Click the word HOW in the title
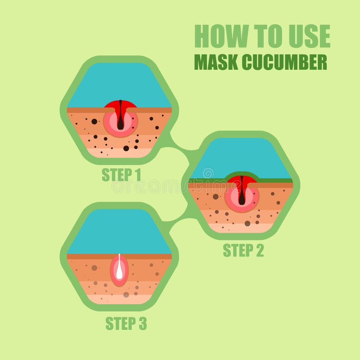[x=221, y=36]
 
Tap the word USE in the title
[x=309, y=36]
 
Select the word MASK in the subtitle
[x=216, y=62]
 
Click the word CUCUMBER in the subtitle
[x=284, y=62]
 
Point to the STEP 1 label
[x=121, y=175]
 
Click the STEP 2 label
[x=243, y=250]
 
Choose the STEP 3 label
[x=126, y=324]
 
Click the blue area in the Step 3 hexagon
[x=119, y=232]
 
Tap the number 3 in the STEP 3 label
[x=143, y=324]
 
